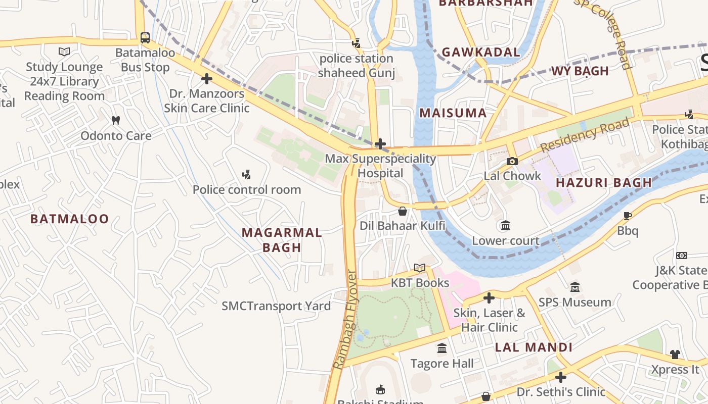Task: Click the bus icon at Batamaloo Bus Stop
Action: click(145, 37)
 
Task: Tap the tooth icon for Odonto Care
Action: click(116, 121)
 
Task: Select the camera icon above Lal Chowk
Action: click(512, 161)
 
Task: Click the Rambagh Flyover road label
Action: click(345, 320)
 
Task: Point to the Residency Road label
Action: click(585, 135)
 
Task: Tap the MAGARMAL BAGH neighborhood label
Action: click(282, 240)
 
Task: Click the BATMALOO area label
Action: click(69, 219)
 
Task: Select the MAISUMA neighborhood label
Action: click(453, 113)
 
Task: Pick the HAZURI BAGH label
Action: click(604, 183)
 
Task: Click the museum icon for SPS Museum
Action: click(574, 287)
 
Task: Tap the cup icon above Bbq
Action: click(627, 216)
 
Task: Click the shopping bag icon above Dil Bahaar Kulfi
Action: click(403, 211)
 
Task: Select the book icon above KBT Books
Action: click(420, 268)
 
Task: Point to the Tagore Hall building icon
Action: click(442, 348)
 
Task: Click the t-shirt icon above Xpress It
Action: click(675, 355)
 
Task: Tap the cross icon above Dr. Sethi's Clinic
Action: click(560, 377)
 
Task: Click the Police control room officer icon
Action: click(246, 175)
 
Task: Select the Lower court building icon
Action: click(505, 226)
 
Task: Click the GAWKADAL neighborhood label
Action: click(480, 52)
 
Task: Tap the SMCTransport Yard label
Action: click(276, 306)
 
